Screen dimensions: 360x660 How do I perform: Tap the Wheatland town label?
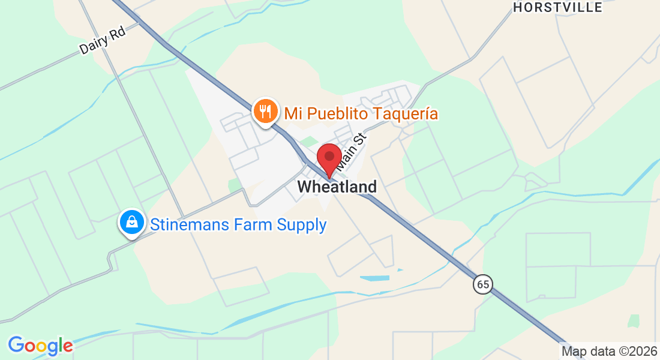337,187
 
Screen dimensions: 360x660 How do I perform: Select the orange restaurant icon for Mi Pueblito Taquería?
265,112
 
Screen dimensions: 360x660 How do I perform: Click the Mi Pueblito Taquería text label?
361,113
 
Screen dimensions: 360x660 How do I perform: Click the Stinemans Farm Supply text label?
238,225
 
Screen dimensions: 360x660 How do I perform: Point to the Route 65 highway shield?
482,284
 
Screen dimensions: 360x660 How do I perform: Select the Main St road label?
350,151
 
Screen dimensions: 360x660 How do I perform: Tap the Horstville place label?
558,8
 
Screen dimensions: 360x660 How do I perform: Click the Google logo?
40,346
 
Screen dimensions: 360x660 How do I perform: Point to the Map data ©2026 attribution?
608,350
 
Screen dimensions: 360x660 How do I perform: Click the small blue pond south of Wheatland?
377,278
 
